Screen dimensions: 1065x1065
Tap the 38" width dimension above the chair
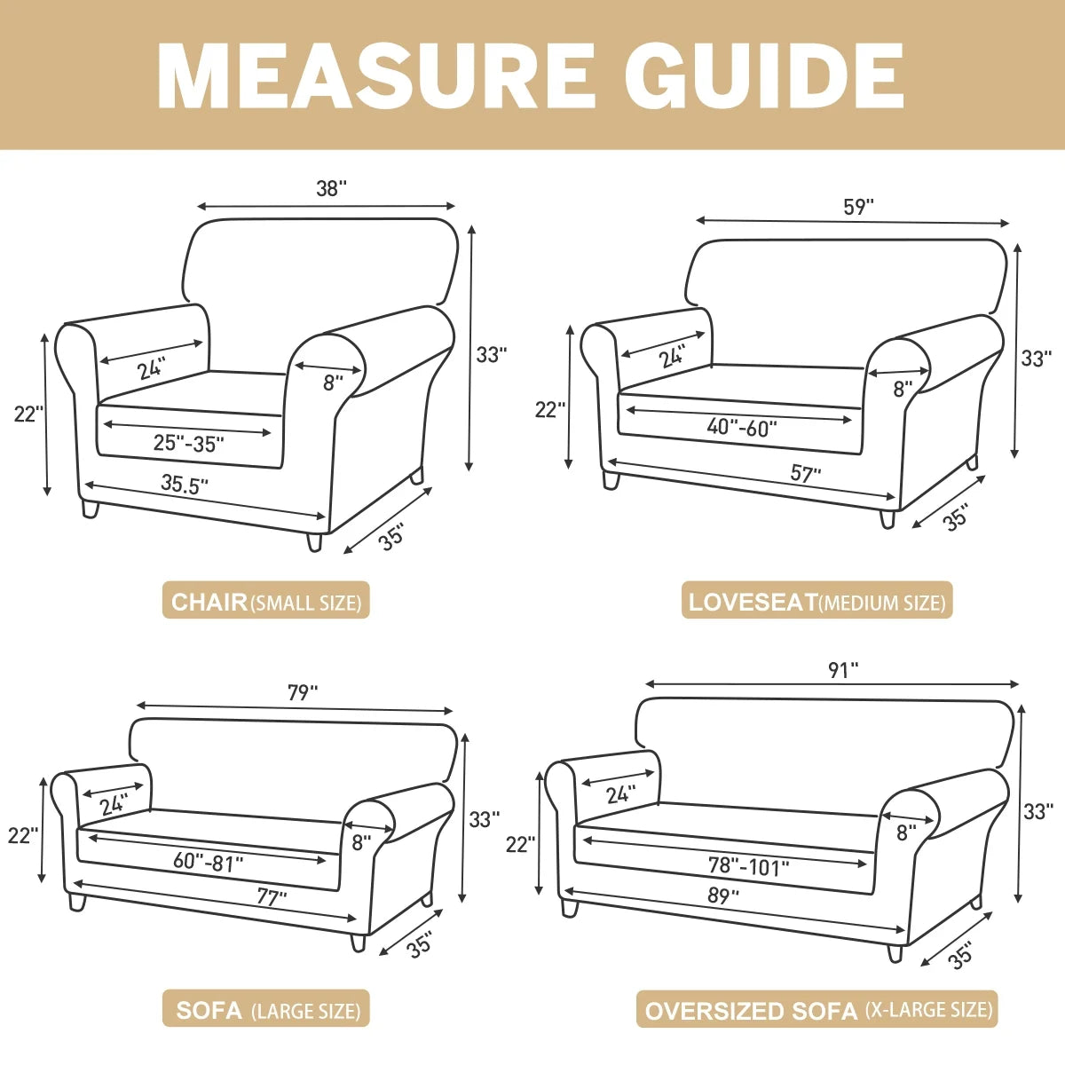(331, 189)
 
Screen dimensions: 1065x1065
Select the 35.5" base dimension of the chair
(185, 484)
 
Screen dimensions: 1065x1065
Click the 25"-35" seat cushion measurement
(188, 443)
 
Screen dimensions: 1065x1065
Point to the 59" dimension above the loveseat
(858, 207)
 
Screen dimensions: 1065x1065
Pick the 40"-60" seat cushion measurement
(741, 427)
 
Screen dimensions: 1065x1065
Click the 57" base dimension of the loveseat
(806, 474)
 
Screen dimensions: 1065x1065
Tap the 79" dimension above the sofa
(303, 692)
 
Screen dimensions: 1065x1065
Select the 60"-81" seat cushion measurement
(208, 861)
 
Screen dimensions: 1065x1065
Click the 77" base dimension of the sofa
(272, 897)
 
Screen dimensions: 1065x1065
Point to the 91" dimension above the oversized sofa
(843, 670)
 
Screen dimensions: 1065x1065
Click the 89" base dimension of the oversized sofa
(723, 896)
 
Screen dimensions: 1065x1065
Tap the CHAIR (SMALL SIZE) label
(265, 603)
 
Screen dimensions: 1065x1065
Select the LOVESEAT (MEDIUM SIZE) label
(816, 603)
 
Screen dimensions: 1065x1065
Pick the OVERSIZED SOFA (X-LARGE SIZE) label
(817, 1010)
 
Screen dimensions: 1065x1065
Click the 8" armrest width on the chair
(332, 383)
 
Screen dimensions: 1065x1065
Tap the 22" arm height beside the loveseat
(549, 409)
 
